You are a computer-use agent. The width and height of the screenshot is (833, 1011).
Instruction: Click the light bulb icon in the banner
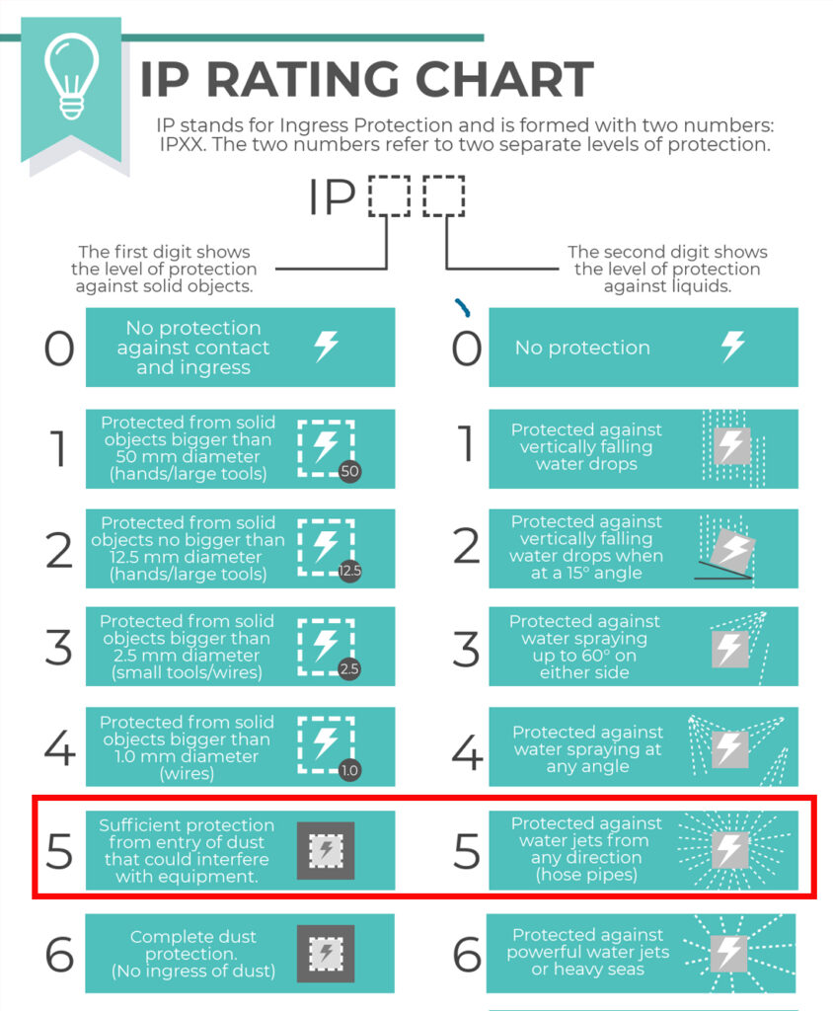click(72, 77)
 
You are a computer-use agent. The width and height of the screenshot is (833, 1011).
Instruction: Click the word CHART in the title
click(503, 79)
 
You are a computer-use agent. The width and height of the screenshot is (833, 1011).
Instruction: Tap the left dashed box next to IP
click(390, 196)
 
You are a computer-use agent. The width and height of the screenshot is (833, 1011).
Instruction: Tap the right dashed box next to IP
click(443, 196)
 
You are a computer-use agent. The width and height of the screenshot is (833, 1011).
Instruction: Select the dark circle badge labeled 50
click(349, 471)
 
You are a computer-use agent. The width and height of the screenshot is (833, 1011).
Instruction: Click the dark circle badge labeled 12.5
click(350, 571)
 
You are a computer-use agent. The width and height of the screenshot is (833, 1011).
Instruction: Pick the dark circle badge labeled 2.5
click(349, 669)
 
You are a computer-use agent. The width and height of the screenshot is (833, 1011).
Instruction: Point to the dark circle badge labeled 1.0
click(349, 770)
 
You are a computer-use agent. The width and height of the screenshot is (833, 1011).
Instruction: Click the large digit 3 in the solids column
click(58, 648)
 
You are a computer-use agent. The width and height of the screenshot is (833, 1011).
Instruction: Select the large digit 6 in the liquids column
click(467, 954)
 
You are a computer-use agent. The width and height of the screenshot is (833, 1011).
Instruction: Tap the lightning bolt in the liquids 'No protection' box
click(732, 347)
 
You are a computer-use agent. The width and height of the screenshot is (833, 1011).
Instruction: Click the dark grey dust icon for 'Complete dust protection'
click(326, 954)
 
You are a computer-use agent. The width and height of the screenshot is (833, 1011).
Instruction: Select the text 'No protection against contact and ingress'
click(193, 348)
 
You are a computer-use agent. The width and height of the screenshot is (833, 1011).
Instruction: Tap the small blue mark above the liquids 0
click(462, 308)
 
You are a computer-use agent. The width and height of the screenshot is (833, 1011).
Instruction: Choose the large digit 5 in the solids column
click(59, 851)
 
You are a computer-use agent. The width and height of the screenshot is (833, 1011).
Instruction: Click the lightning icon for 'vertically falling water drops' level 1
click(731, 445)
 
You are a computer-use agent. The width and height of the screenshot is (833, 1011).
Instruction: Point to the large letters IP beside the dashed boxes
click(332, 196)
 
